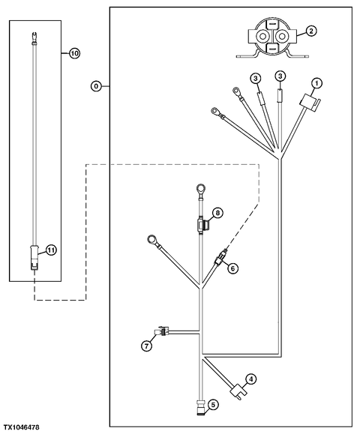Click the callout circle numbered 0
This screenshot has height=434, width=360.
pos(96,86)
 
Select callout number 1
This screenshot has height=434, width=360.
pos(316,82)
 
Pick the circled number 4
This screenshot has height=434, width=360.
pos(251,379)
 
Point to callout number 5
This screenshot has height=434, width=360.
pos(214,404)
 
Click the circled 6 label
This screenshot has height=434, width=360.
pos(232,268)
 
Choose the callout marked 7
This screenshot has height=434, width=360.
pos(147,346)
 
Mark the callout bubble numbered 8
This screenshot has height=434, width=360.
pos(217,213)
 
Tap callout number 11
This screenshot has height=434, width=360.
pos(52,250)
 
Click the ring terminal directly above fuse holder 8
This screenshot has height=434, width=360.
pos(200,190)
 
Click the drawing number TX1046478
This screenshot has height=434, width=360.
pos(20,428)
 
